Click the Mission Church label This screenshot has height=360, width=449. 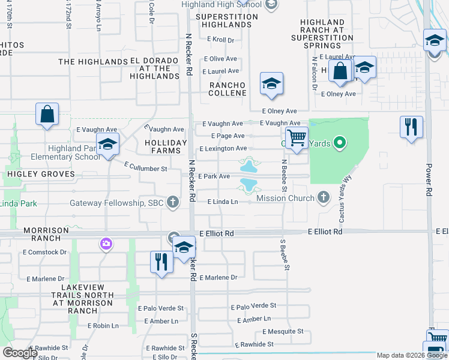[285, 198]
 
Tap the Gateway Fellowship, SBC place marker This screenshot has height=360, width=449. [173, 202]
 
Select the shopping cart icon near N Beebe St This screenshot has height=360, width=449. [297, 139]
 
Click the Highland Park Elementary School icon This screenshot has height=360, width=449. [108, 145]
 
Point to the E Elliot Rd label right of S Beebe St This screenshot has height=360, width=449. [325, 232]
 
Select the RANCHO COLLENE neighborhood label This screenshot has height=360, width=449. [228, 89]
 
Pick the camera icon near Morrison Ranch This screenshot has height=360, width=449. [106, 244]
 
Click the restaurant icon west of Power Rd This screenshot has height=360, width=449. [411, 127]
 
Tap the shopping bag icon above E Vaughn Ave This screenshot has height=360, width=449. [47, 114]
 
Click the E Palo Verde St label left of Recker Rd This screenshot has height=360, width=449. [160, 308]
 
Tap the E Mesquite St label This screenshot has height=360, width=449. [282, 331]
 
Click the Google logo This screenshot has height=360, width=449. [20, 353]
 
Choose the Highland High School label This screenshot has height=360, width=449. [222, 5]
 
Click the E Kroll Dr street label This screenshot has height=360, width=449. [220, 40]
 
